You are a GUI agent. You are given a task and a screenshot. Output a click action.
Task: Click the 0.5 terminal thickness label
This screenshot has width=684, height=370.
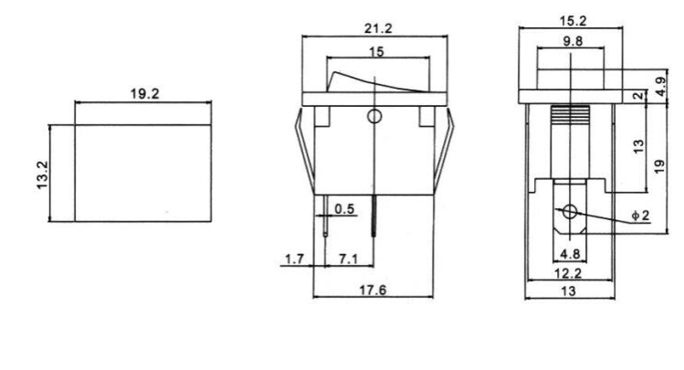(345, 210)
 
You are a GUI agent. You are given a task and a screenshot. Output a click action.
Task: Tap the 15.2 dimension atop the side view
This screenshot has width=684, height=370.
(571, 20)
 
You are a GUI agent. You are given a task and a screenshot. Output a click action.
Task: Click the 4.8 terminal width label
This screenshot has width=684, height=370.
(570, 255)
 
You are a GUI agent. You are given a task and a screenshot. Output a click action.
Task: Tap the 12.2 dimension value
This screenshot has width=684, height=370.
(570, 273)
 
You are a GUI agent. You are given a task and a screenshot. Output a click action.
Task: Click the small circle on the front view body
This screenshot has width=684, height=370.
(374, 116)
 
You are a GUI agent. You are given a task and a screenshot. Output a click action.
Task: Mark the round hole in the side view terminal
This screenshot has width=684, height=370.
(570, 213)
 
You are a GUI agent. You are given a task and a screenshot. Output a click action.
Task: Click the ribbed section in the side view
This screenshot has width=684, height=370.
(570, 117)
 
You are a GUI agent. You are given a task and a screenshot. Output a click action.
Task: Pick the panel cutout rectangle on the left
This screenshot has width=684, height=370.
(142, 173)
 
